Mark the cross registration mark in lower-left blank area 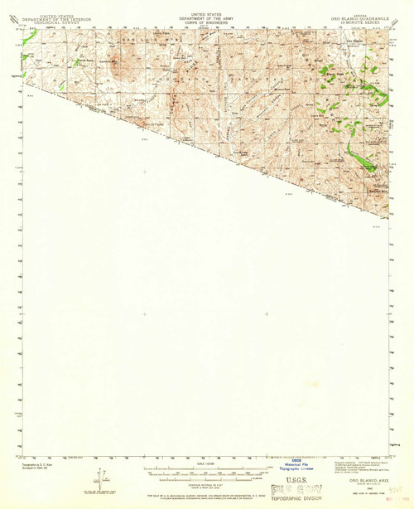tap(145, 313)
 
